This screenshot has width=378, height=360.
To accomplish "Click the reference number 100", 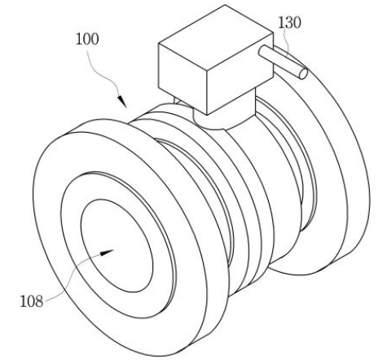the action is pyautogui.click(x=87, y=39).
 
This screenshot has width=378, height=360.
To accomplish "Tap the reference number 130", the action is pyautogui.click(x=289, y=22).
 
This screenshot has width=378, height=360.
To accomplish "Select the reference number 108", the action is pyautogui.click(x=32, y=301).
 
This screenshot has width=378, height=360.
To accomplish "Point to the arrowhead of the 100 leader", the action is pyautogui.click(x=122, y=101).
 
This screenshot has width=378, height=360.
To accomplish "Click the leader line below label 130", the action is pyautogui.click(x=286, y=42).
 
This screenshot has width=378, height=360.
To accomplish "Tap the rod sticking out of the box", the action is pyautogui.click(x=283, y=62).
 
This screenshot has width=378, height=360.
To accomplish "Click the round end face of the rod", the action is pyautogui.click(x=303, y=73).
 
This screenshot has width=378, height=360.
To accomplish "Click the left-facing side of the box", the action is pyautogui.click(x=182, y=78).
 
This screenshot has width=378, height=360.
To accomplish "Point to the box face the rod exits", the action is pyautogui.click(x=240, y=72).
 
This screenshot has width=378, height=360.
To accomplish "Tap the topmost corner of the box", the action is pyautogui.click(x=225, y=5).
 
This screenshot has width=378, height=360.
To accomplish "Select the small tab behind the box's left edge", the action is pyautogui.click(x=177, y=101).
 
